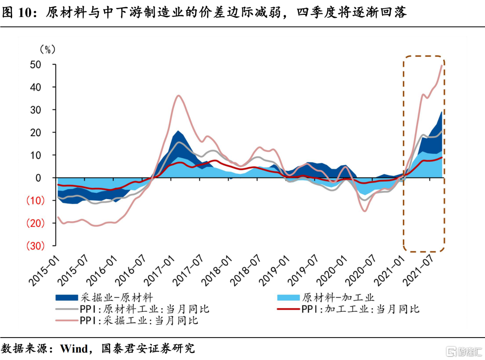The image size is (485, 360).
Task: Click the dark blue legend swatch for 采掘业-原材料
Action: (x=67, y=298)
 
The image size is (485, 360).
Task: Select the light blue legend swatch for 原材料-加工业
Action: (x=288, y=298)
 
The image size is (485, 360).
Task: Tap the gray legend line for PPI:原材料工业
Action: (x=67, y=309)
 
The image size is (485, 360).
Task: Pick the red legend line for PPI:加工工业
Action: (x=288, y=309)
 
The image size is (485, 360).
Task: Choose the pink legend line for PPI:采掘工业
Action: (x=67, y=321)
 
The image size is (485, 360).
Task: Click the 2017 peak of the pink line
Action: (x=178, y=95)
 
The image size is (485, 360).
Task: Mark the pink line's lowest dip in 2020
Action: (x=365, y=211)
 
